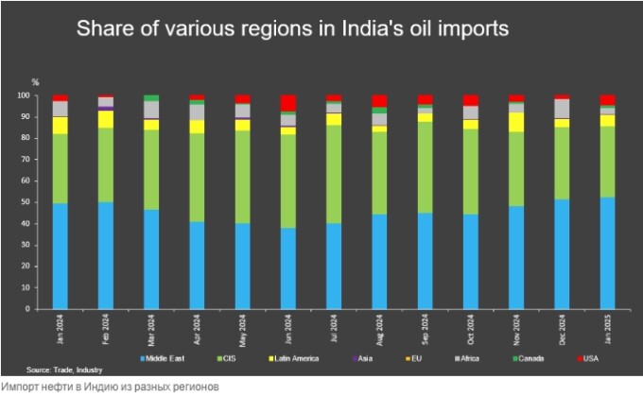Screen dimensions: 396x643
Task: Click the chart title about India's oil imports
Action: pos(292,29)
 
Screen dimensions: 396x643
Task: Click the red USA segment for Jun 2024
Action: pos(288,102)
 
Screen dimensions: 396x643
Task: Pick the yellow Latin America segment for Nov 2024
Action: pos(516,122)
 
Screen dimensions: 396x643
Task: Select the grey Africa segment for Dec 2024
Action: pos(562,108)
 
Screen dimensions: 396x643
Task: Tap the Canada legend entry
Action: pos(538,358)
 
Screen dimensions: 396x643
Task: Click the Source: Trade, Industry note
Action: pos(65,370)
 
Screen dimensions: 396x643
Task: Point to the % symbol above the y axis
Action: pos(36,83)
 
